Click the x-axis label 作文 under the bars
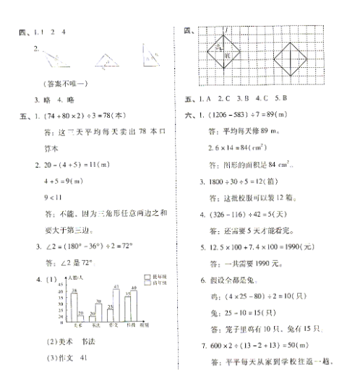[110, 324]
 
